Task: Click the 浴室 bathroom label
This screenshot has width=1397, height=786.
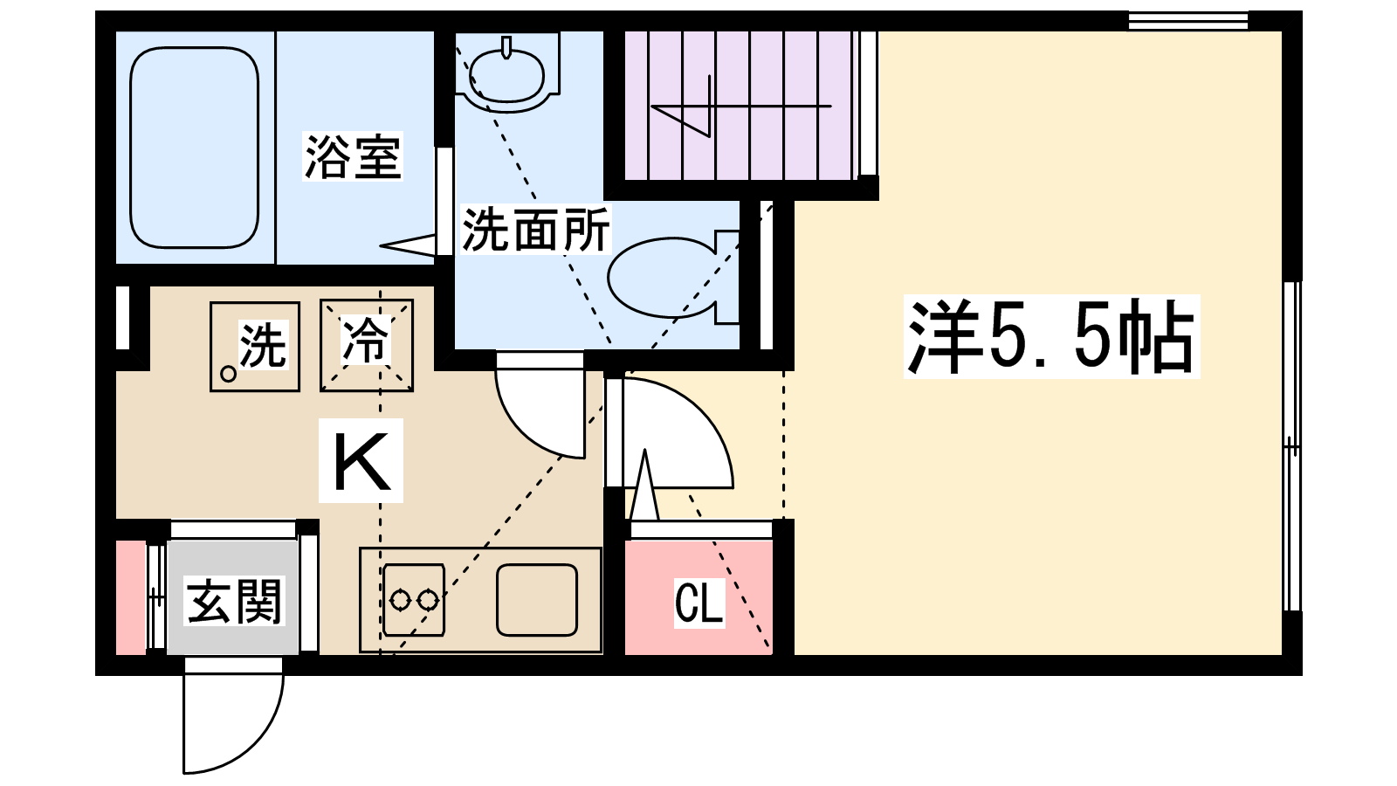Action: [x=352, y=157]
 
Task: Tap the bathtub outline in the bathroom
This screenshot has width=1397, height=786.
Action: [x=194, y=148]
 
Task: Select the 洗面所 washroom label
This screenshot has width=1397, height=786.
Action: [x=535, y=230]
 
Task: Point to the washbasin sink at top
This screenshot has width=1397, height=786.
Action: [x=506, y=73]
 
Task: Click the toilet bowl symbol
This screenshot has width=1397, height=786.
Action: [x=664, y=276]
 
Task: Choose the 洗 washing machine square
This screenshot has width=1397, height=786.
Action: [x=255, y=346]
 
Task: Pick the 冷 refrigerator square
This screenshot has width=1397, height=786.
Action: [x=366, y=346]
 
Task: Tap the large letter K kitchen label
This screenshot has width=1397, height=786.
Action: [x=361, y=460]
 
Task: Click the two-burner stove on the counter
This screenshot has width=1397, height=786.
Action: [x=414, y=599]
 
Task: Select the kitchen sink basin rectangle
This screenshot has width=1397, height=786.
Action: [x=537, y=599]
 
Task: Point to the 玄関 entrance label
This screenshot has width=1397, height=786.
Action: [x=234, y=601]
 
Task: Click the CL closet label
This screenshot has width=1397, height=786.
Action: [x=698, y=603]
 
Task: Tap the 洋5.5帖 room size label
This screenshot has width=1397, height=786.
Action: [x=1051, y=337]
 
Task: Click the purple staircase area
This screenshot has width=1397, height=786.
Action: [x=738, y=105]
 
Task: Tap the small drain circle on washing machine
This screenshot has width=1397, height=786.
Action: [x=228, y=374]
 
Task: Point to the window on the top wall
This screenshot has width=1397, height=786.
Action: [x=1187, y=20]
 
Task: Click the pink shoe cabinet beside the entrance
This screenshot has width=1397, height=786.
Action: [x=131, y=598]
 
